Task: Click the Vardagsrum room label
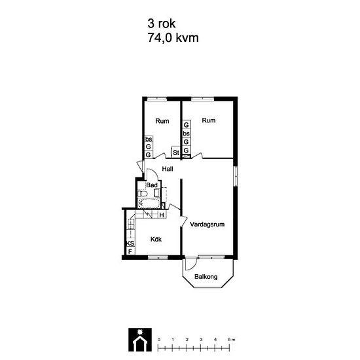point(207,225)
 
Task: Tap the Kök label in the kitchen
point(156,239)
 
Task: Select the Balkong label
point(206,277)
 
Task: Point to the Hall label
point(168,169)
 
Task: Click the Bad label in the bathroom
point(152,185)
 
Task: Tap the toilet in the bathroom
point(142,194)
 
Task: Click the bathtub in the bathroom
point(149,203)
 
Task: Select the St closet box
point(175,153)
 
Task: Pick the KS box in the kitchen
point(130,243)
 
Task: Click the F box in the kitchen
point(130,251)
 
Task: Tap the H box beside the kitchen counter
point(162,215)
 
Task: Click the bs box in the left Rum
point(149,139)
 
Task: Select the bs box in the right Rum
point(186,134)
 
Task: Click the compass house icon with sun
point(140,340)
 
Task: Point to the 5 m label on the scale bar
point(232,340)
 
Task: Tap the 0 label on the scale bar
point(159,340)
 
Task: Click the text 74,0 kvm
point(173,38)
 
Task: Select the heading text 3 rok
point(162,24)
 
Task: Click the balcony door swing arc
point(193,266)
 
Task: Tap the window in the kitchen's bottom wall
point(158,257)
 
